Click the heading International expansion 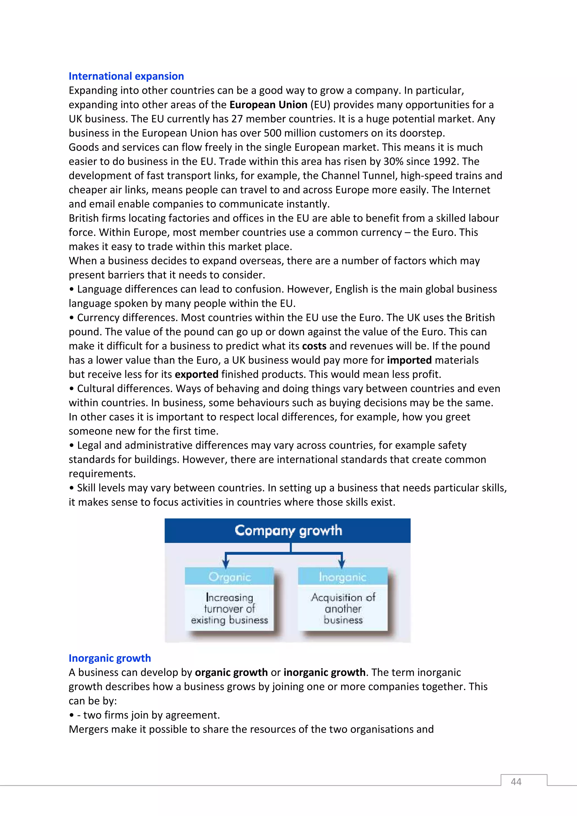126,76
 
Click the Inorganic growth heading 110,658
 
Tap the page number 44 516,782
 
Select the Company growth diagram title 288,530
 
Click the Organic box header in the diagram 229,577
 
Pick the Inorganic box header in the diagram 342,577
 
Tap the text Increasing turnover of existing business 229,608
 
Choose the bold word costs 314,346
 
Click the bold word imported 409,360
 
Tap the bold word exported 196,374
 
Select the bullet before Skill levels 72,488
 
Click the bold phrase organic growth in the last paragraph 231,672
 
